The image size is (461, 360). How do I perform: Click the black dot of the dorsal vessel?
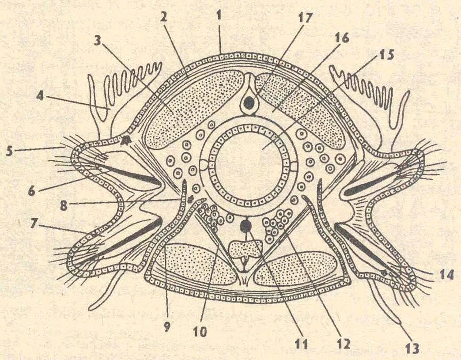[x=249, y=103]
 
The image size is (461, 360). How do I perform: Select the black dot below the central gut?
[x=245, y=227]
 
